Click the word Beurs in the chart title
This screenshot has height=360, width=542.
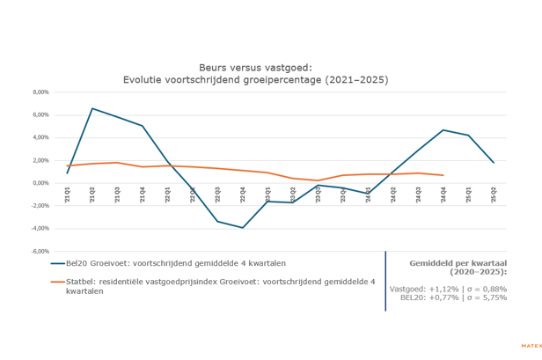[216, 66]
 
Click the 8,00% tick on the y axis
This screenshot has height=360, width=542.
[40, 92]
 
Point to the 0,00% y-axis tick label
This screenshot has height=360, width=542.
[40, 183]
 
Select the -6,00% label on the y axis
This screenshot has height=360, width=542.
[40, 251]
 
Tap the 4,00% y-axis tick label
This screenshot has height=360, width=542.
[40, 137]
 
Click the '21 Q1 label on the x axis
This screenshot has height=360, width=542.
[67, 198]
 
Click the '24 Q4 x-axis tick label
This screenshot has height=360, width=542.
[443, 198]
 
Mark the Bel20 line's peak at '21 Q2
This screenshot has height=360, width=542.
[92, 108]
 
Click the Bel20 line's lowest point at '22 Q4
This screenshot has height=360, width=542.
[243, 228]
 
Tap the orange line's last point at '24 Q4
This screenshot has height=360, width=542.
[443, 175]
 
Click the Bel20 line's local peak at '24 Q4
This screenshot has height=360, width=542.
[443, 130]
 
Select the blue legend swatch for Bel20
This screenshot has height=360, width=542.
[59, 262]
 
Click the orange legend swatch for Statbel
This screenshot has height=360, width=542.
[59, 281]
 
